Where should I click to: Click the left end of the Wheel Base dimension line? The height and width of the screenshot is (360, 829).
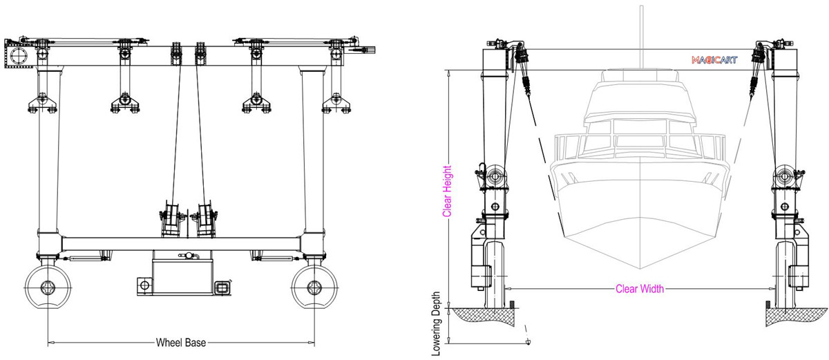pyautogui.click(x=48, y=343)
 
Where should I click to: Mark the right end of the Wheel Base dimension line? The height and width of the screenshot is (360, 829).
pyautogui.click(x=314, y=343)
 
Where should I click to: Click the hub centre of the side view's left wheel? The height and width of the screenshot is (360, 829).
pyautogui.click(x=48, y=287)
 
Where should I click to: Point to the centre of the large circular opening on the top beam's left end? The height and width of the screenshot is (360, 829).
pyautogui.click(x=18, y=56)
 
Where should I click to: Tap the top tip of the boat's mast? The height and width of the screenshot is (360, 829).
pyautogui.click(x=642, y=6)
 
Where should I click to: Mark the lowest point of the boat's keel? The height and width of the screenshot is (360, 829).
pyautogui.click(x=640, y=269)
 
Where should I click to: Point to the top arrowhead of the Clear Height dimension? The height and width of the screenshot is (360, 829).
pyautogui.click(x=449, y=71)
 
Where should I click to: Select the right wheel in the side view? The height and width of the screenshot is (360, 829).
pyautogui.click(x=314, y=287)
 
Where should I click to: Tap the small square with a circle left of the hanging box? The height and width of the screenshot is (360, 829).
pyautogui.click(x=144, y=285)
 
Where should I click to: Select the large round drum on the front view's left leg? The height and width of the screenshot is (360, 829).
pyautogui.click(x=495, y=176)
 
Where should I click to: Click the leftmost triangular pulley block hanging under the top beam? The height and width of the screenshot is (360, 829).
pyautogui.click(x=42, y=103)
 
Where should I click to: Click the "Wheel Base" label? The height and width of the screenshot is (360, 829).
pyautogui.click(x=181, y=343)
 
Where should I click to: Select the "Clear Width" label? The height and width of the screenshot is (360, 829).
pyautogui.click(x=640, y=289)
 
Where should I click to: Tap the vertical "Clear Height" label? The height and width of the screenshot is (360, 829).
pyautogui.click(x=448, y=191)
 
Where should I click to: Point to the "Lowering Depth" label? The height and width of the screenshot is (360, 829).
pyautogui.click(x=437, y=324)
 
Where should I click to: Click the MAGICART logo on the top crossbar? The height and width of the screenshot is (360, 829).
pyautogui.click(x=714, y=60)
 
